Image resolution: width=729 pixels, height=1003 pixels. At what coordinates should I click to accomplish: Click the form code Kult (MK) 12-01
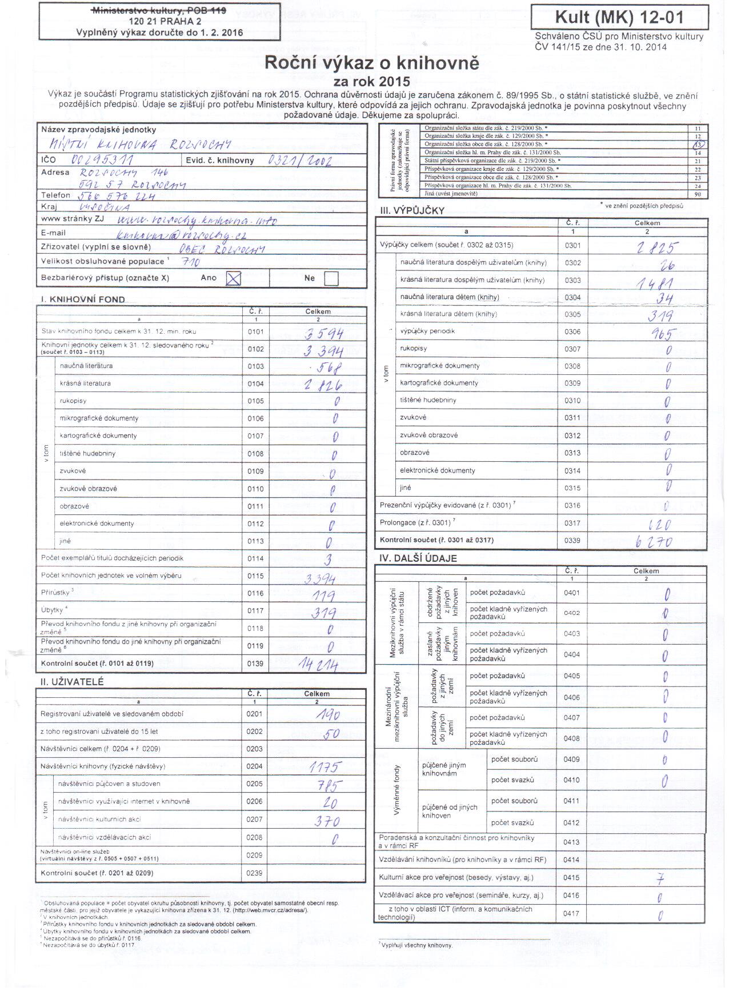619,18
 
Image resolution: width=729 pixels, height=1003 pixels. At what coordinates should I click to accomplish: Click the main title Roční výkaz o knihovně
372,63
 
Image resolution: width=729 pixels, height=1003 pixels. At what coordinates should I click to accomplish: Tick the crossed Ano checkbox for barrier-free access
234,278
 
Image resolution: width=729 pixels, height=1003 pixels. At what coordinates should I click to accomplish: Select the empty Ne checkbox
331,278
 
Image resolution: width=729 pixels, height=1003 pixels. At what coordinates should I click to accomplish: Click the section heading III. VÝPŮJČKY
412,210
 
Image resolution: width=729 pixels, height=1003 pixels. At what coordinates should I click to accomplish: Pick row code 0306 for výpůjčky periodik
572,331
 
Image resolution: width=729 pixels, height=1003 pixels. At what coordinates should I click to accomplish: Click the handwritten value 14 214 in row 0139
318,665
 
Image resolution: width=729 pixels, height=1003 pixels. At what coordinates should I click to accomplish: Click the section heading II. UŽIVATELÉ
72,682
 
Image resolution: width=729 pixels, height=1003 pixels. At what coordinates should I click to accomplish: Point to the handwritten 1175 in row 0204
324,767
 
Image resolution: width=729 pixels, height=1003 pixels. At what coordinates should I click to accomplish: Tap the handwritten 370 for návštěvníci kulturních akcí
327,821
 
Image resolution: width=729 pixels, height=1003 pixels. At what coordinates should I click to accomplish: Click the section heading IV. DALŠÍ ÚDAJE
418,558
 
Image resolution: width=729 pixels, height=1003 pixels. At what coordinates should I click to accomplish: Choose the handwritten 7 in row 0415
660,878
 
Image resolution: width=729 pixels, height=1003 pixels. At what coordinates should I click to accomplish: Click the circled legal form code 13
698,145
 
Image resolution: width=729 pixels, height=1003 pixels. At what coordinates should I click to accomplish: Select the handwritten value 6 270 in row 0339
654,541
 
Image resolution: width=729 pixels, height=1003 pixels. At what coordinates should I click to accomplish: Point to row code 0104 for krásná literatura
255,384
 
